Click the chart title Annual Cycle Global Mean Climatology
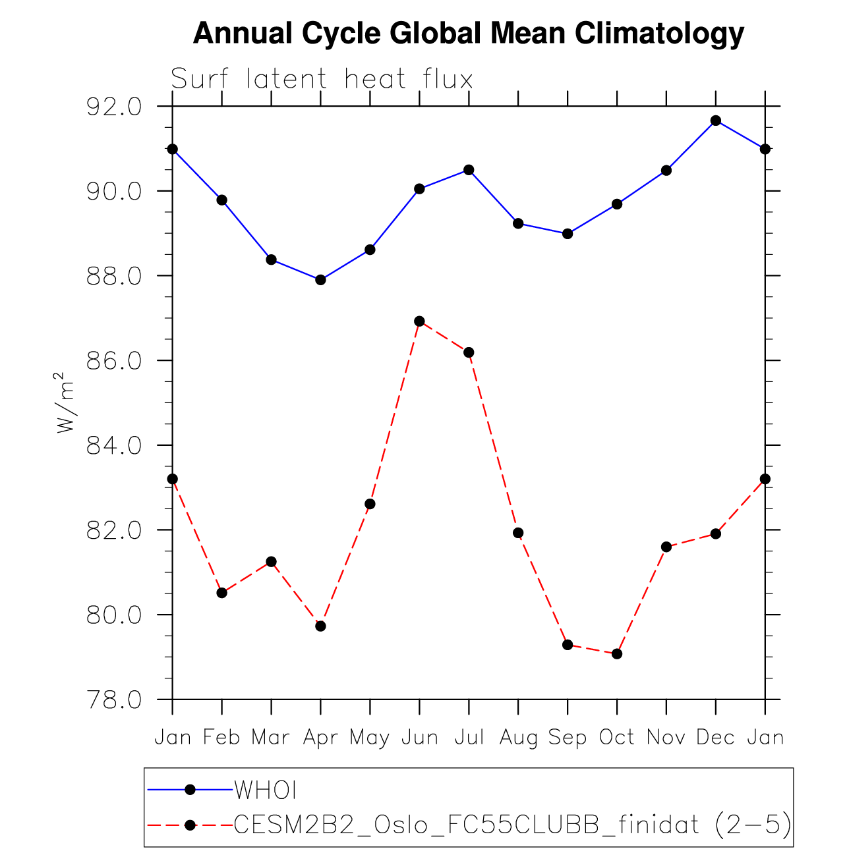tap(469, 34)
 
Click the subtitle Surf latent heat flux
tap(322, 80)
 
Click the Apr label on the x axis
tap(320, 738)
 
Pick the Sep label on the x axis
tap(567, 738)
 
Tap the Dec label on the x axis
tap(715, 738)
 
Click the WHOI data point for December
tap(716, 121)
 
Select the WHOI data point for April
tap(320, 280)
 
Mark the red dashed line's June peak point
tap(419, 321)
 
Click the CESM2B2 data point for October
tap(617, 654)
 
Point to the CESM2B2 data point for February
tap(222, 593)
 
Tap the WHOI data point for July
tap(469, 170)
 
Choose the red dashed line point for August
tap(518, 533)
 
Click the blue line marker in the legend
tap(190, 789)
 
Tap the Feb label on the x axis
tap(221, 738)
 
